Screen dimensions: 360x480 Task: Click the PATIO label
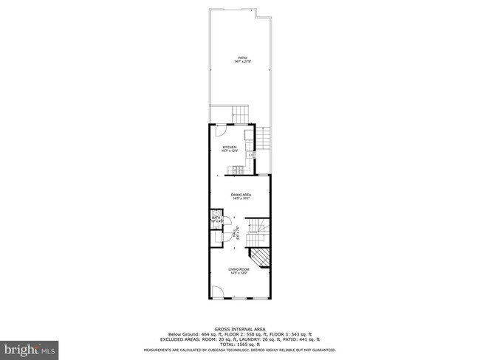(241, 58)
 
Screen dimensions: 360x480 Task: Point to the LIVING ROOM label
(238, 269)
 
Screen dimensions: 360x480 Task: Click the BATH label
(216, 218)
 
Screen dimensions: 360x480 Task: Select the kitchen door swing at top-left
(219, 132)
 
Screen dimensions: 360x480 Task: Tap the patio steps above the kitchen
(241, 114)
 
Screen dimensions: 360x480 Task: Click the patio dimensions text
(241, 62)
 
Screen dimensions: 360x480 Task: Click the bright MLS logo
(30, 347)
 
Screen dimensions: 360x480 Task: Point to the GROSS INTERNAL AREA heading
(241, 329)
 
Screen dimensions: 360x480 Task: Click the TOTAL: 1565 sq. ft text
(241, 344)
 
